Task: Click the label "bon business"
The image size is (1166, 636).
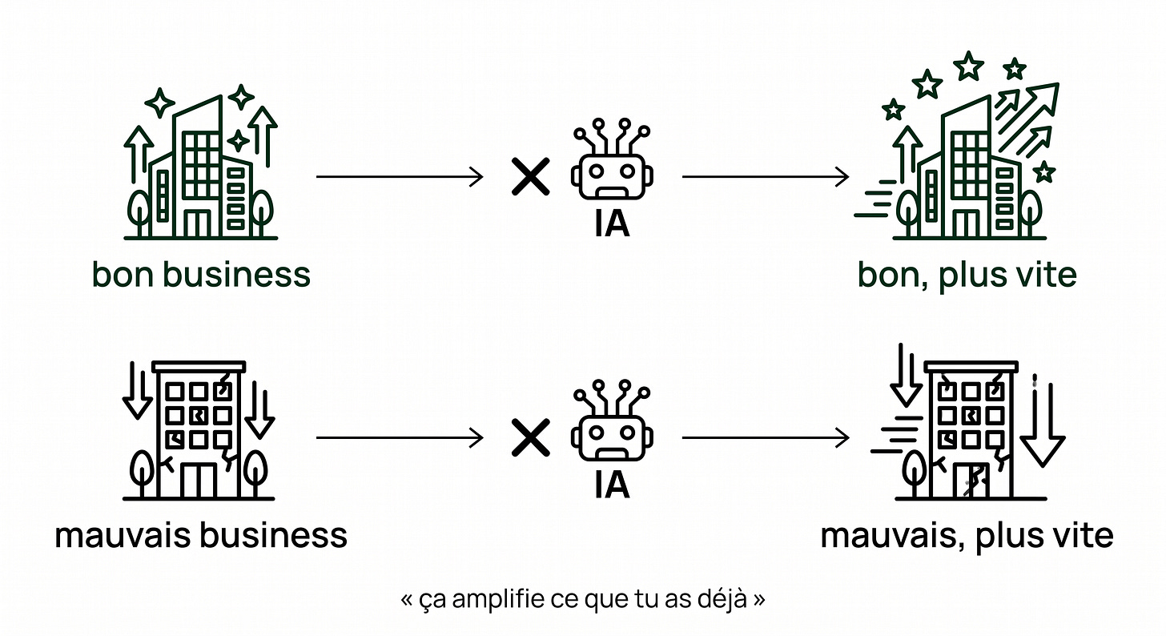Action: [201, 274]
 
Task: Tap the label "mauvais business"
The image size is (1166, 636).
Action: [201, 536]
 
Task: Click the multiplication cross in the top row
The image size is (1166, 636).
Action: [530, 176]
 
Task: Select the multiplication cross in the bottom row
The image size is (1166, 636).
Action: [530, 437]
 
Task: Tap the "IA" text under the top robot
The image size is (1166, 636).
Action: [612, 224]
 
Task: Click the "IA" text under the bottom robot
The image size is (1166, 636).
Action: [612, 485]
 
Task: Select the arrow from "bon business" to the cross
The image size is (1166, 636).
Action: [400, 176]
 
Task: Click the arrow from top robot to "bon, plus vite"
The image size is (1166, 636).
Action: [766, 176]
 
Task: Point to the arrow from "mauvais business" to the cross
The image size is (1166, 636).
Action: [400, 437]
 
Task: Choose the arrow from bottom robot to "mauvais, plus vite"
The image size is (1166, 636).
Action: [766, 437]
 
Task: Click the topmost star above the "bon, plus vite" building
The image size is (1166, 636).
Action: [969, 66]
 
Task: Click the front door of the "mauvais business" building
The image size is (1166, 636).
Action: [199, 480]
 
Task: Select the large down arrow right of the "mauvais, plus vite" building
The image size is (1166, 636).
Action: [1043, 425]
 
